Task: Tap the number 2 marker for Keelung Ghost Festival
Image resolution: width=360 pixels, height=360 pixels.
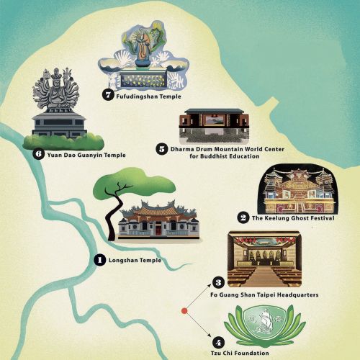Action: [x=243, y=218]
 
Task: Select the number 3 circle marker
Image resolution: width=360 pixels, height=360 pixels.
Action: [x=219, y=282]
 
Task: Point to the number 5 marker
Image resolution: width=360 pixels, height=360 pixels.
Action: [x=161, y=149]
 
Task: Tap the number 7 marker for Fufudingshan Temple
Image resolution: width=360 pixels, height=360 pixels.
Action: [x=109, y=95]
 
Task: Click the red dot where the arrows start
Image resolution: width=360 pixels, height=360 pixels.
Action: [x=184, y=311]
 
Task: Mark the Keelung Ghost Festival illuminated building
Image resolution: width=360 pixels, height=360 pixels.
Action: [x=297, y=190]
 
